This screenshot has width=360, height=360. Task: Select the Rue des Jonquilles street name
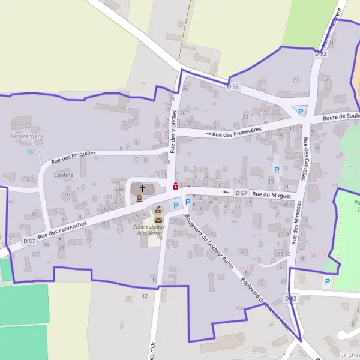click(x=73, y=157)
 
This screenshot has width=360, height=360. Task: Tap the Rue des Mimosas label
click(x=296, y=223)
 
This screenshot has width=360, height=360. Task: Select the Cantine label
click(x=64, y=175)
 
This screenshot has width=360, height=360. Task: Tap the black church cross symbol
click(x=142, y=188)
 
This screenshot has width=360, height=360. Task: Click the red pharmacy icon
click(x=175, y=187)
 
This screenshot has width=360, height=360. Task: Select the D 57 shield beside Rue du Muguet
click(x=241, y=193)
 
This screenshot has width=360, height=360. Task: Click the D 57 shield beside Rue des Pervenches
click(x=29, y=241)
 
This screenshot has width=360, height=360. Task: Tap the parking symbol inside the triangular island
click(x=301, y=112)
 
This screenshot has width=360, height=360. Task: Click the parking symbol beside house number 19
click(x=277, y=170)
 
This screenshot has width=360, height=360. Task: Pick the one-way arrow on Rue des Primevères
click(x=209, y=134)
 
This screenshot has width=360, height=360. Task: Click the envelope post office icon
click(x=158, y=220)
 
